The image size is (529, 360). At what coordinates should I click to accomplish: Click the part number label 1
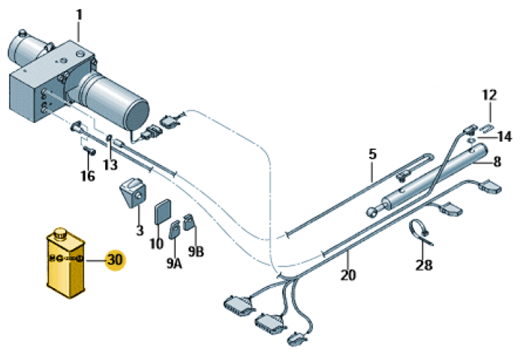coord(80,14)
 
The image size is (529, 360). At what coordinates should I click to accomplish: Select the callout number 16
coord(88,176)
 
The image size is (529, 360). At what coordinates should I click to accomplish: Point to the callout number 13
coord(110,164)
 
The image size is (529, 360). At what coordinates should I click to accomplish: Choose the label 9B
coord(196,250)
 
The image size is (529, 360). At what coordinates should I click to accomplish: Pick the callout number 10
coord(156,243)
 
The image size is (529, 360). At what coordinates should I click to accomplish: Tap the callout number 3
coord(140,230)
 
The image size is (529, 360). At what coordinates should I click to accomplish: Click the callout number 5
coord(371,154)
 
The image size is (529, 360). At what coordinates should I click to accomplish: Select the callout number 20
coord(347,274)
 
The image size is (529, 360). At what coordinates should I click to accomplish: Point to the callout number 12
coord(488,95)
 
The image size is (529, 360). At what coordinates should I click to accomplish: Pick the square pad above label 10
coord(162,211)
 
